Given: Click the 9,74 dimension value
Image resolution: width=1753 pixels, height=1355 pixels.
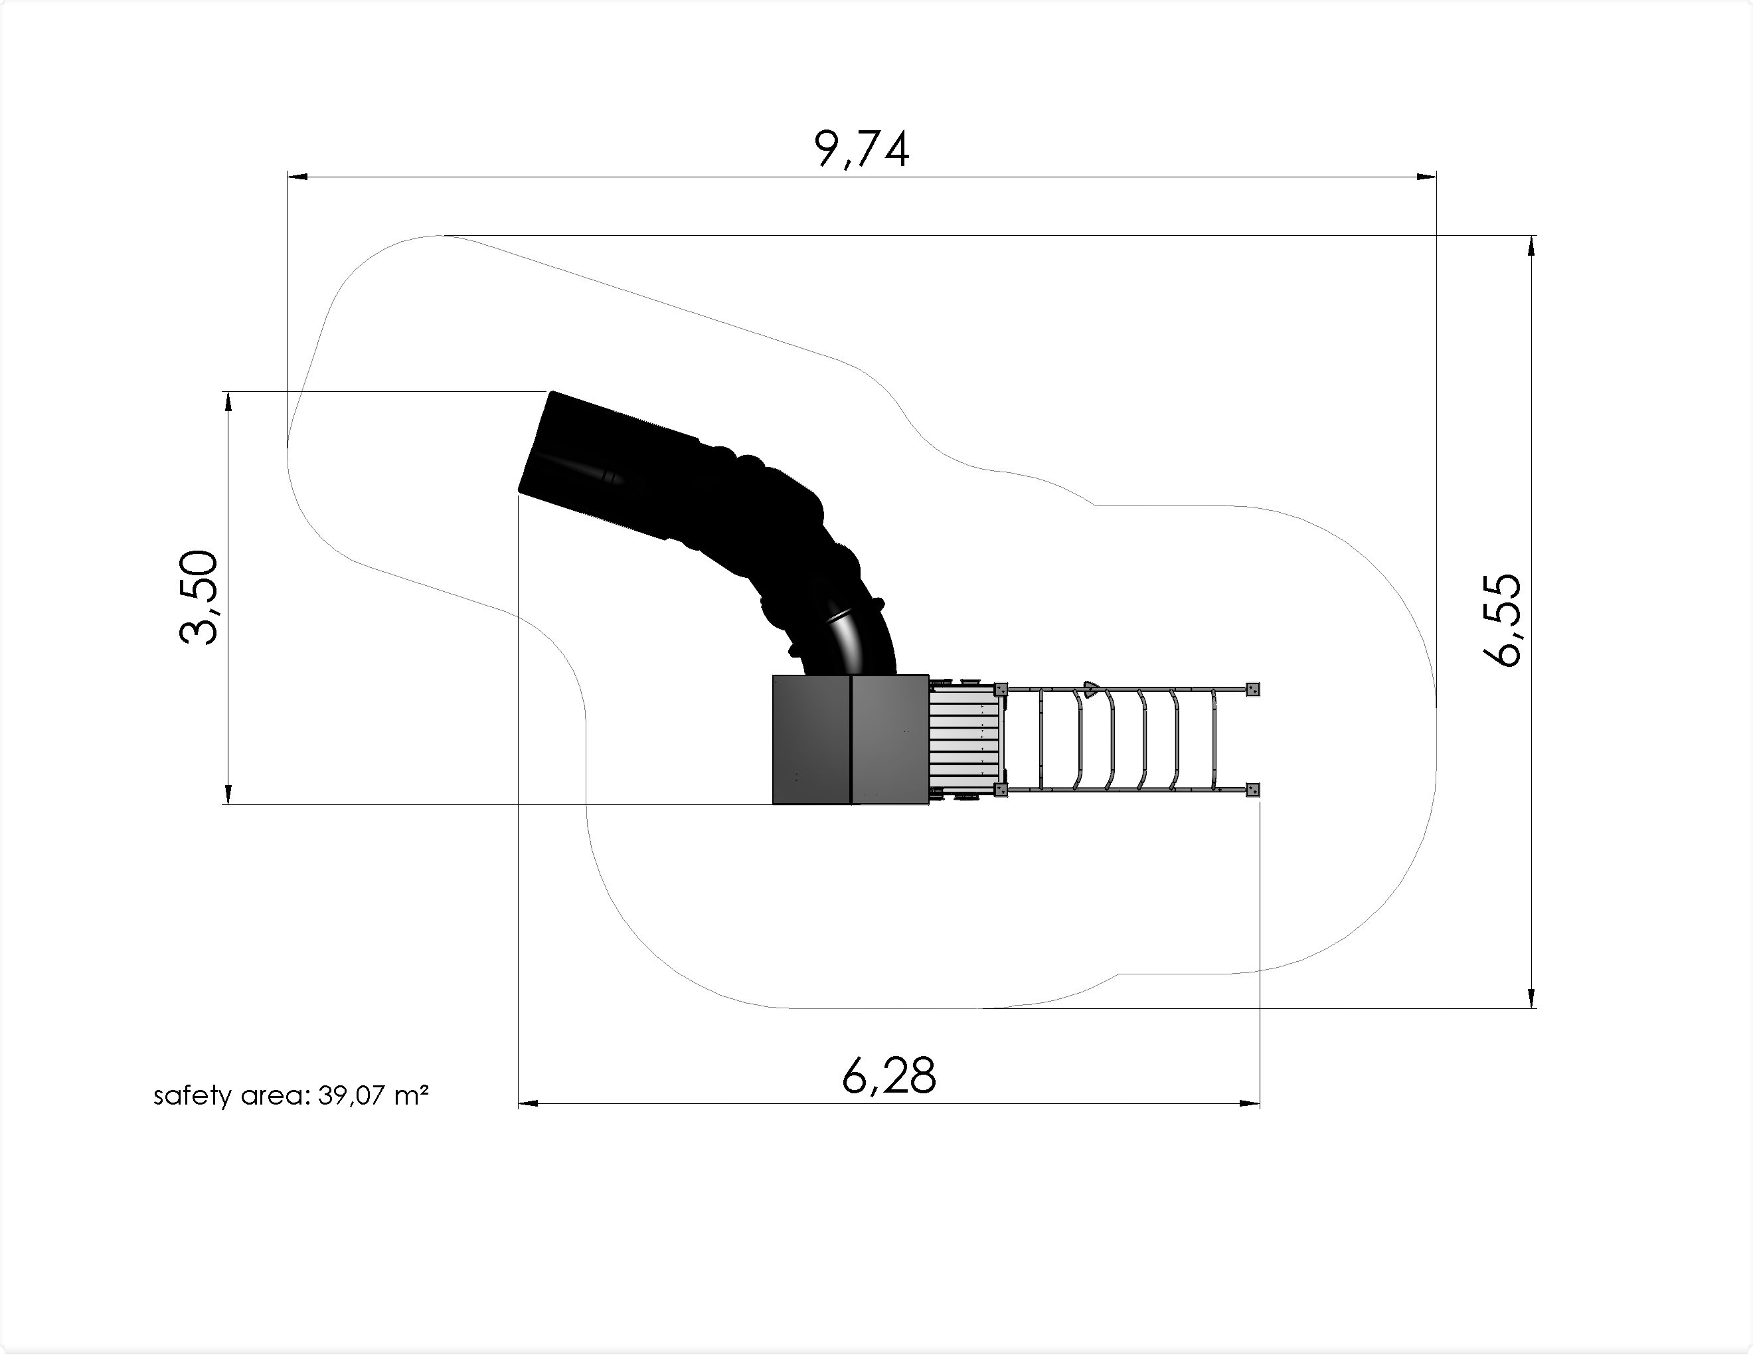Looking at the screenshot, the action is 862,149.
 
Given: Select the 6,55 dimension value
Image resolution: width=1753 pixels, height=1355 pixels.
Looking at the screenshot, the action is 1501,620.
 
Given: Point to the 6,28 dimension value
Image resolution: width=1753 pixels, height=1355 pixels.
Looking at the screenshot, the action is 888,1077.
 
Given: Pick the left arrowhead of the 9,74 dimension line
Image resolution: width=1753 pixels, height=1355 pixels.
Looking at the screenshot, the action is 297,177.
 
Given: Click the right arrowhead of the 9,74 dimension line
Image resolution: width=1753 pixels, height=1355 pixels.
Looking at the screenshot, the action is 1426,177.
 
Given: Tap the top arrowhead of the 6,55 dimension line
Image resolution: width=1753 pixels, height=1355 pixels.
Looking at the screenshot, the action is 1533,246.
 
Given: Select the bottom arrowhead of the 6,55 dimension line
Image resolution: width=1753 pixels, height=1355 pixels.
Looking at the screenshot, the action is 1533,997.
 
